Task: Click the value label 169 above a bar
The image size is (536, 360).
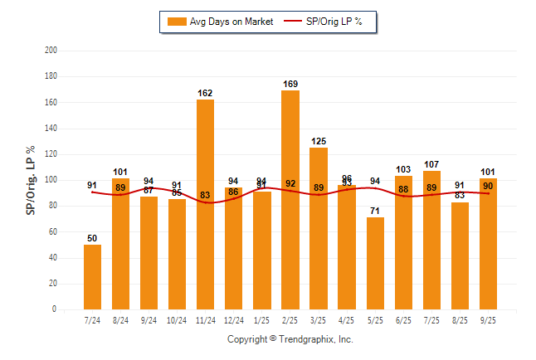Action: click(x=290, y=84)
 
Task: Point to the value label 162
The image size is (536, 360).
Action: click(x=206, y=93)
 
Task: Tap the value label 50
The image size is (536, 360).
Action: click(x=93, y=238)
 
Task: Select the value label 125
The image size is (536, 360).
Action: click(x=319, y=141)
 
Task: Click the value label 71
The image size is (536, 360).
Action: click(x=375, y=211)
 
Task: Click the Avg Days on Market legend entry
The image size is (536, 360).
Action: click(x=220, y=22)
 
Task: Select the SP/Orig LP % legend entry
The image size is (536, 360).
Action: click(x=324, y=22)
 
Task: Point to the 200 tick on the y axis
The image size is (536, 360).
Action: click(x=51, y=51)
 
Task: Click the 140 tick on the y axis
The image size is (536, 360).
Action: click(x=51, y=129)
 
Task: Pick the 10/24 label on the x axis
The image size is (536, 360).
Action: click(x=178, y=320)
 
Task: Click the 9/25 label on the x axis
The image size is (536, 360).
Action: click(x=488, y=320)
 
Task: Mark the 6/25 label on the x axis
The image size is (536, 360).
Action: click(x=403, y=320)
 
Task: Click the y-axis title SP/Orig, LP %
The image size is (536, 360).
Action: click(x=32, y=180)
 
